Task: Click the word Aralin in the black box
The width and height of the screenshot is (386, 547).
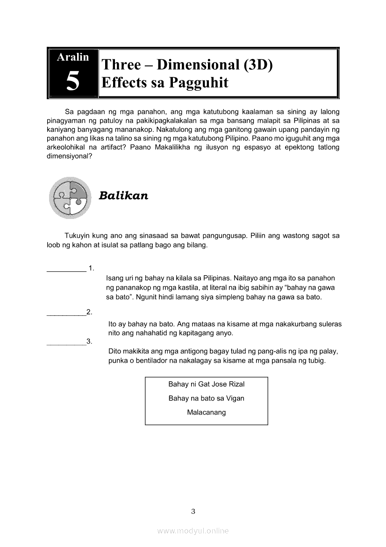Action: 72,57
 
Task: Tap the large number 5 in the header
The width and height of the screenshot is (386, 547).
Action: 72,81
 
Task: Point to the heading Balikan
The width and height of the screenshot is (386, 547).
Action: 123,196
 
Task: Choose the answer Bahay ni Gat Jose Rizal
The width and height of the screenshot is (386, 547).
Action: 206,384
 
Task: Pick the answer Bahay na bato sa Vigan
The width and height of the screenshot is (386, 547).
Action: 206,398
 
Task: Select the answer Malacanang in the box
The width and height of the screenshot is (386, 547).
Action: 206,412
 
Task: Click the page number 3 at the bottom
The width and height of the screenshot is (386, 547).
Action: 193,511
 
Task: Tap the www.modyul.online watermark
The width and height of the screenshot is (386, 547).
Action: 193,531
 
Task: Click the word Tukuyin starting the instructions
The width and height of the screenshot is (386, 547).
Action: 78,236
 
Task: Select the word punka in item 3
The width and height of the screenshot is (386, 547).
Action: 117,361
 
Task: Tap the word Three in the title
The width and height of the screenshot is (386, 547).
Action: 121,65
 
